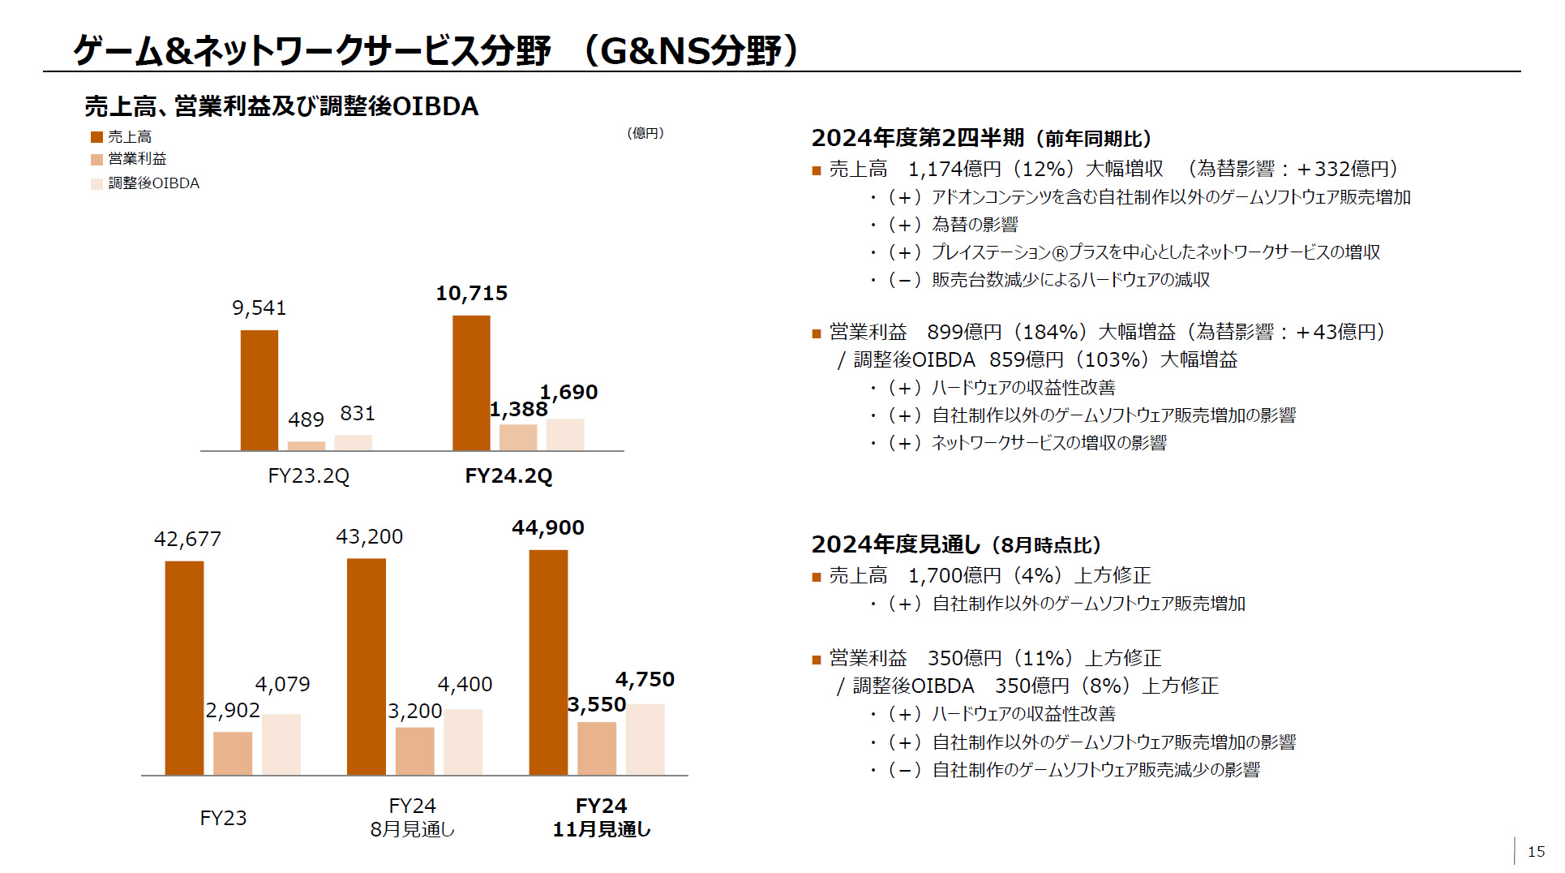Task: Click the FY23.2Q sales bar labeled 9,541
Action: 259,390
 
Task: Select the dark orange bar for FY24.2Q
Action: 471,383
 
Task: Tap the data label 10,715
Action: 471,294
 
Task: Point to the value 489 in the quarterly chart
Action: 306,420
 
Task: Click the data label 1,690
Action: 568,393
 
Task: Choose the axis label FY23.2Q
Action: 308,476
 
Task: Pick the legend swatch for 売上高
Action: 96,137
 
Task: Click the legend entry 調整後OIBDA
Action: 153,183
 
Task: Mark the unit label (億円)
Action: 645,133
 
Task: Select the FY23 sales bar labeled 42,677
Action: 184,668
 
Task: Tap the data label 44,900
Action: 547,528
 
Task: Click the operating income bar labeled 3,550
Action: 596,748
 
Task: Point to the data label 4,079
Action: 282,685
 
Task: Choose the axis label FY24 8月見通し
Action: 412,817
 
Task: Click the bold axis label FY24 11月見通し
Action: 601,817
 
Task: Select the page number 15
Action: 1536,852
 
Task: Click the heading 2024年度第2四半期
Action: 918,139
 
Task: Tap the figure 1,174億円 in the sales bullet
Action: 954,170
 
